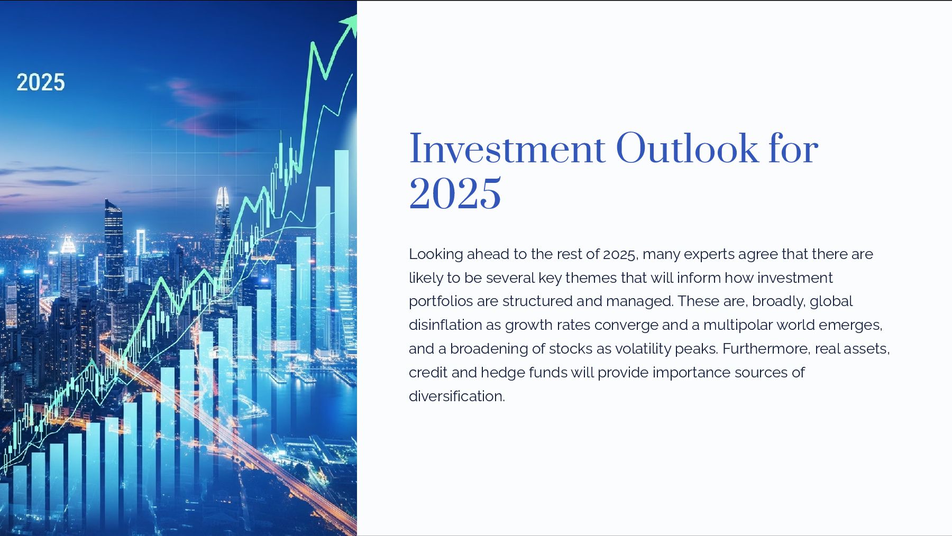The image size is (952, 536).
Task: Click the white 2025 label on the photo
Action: pyautogui.click(x=41, y=82)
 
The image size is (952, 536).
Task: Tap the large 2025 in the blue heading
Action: pyautogui.click(x=455, y=193)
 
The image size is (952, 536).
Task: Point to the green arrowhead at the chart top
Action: pyautogui.click(x=350, y=22)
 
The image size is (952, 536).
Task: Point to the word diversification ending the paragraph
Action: pyautogui.click(x=457, y=396)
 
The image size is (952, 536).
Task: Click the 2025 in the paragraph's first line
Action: pyautogui.click(x=619, y=255)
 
